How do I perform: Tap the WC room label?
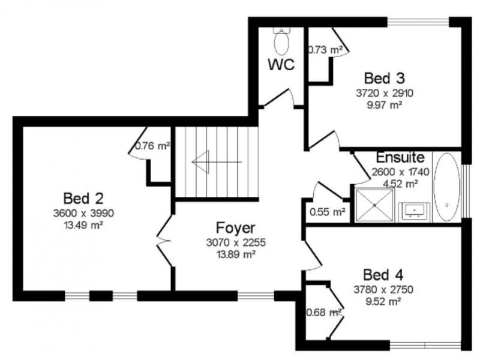[281, 65]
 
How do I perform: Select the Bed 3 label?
[385, 78]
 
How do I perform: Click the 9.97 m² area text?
[385, 105]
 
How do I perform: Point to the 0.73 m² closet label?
[325, 50]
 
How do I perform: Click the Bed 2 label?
[83, 199]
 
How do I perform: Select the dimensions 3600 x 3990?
[83, 213]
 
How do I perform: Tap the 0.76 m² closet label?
[152, 146]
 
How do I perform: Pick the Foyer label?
[235, 228]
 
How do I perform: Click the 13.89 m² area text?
[236, 254]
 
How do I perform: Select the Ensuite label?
[400, 158]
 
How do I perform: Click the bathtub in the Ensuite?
[447, 187]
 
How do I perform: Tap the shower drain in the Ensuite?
[374, 205]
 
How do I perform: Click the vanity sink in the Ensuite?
[414, 211]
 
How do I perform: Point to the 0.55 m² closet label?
[328, 212]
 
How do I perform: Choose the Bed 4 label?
[383, 275]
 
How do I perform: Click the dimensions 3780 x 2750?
[383, 289]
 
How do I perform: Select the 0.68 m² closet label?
[324, 313]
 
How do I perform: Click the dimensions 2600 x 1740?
[400, 172]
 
